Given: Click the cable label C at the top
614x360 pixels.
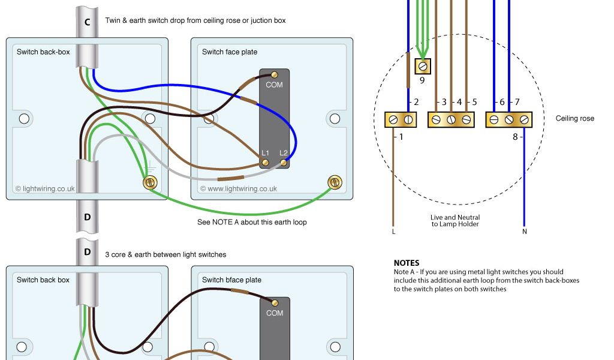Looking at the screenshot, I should tap(88, 22).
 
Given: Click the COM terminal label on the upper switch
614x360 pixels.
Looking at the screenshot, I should tap(274, 85).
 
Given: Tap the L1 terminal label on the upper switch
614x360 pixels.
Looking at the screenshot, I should tap(265, 154).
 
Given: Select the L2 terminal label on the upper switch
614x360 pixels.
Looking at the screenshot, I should tap(284, 154).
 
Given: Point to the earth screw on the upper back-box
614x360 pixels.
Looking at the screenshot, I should tap(150, 182).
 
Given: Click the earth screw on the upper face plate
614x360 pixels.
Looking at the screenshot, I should tap(335, 182).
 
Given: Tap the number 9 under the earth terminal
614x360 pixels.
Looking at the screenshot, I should tap(422, 80).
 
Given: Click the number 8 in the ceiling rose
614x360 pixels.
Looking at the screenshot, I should tap(514, 137).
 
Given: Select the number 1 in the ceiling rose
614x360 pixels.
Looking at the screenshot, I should tap(401, 137).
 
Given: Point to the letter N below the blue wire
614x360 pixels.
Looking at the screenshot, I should tap(524, 231).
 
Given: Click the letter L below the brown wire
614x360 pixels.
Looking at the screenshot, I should tap(393, 231).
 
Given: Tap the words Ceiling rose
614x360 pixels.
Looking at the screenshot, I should tap(574, 119).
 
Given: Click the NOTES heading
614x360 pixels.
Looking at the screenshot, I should tap(407, 263).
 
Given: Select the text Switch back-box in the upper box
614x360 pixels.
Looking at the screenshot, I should tap(43, 52).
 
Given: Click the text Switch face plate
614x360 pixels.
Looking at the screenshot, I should tap(230, 52).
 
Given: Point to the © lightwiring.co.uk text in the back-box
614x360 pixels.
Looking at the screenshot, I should tap(45, 188).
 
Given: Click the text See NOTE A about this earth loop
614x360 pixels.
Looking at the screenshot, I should tap(252, 222).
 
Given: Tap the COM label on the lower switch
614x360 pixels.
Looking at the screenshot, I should tap(274, 313).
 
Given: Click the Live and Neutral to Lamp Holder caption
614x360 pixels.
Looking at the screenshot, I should tap(455, 221).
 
